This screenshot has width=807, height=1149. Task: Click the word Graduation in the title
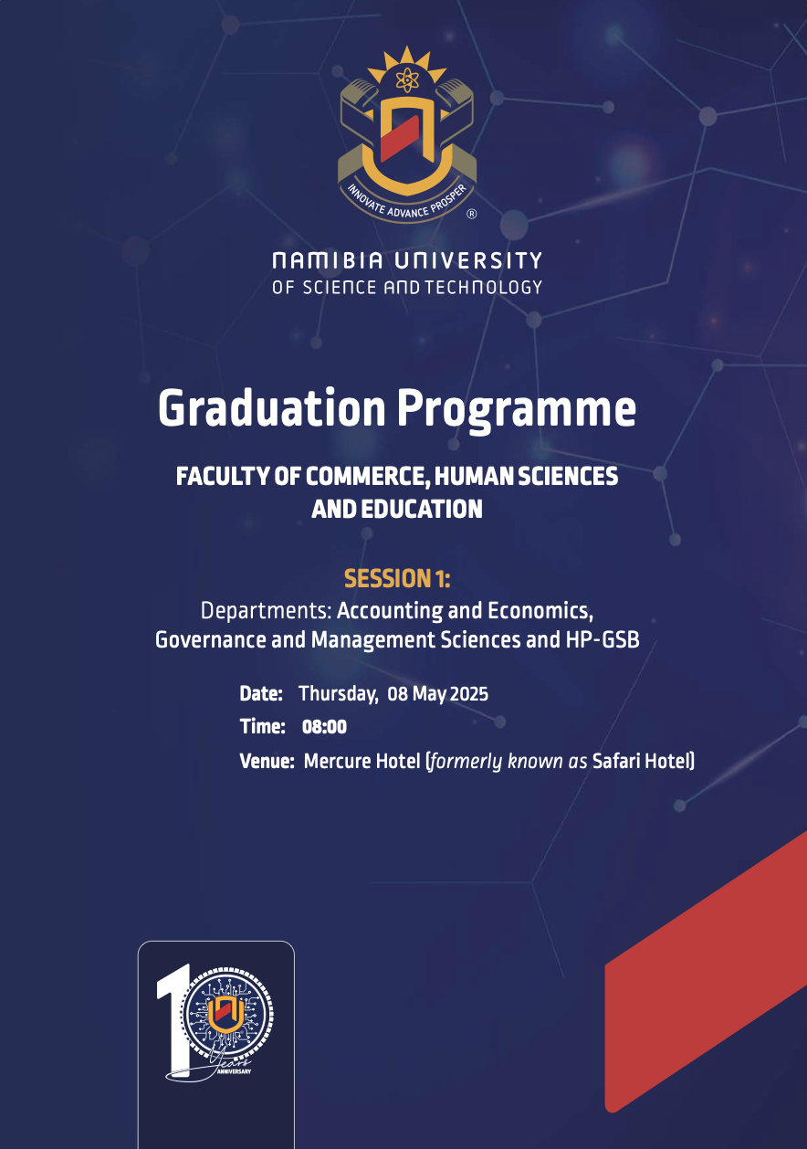pyautogui.click(x=272, y=410)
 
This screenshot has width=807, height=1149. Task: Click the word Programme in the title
pyautogui.click(x=518, y=410)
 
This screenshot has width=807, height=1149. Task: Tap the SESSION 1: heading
pyautogui.click(x=397, y=578)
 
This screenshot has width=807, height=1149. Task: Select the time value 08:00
pyautogui.click(x=324, y=727)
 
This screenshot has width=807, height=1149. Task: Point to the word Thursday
pyautogui.click(x=339, y=694)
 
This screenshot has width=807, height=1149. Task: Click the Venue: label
pyautogui.click(x=267, y=761)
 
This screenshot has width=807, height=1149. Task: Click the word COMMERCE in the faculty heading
pyautogui.click(x=368, y=477)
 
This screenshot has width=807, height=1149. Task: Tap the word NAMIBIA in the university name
pyautogui.click(x=328, y=260)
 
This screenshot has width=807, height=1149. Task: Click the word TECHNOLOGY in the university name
pyautogui.click(x=483, y=287)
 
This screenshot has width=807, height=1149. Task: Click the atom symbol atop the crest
pyautogui.click(x=407, y=80)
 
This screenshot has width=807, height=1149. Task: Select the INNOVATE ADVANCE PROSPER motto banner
pyautogui.click(x=407, y=203)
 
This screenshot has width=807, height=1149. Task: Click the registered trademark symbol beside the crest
pyautogui.click(x=472, y=214)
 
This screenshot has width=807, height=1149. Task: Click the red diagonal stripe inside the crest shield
pyautogui.click(x=400, y=138)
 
